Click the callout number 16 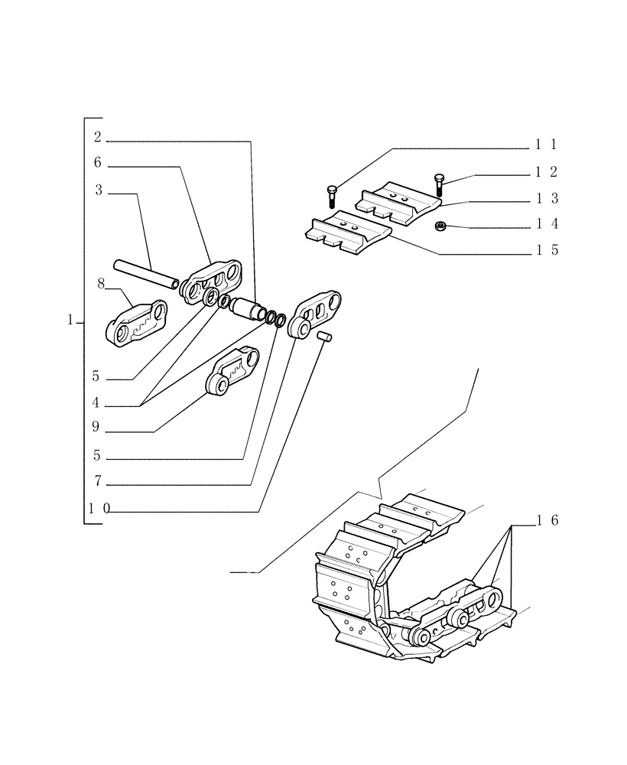pos(547,520)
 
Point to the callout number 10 pos(99,509)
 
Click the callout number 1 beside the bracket pos(70,321)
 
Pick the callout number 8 pos(100,284)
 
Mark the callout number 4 pos(96,402)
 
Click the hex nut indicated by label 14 pos(440,226)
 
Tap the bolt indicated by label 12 pos(439,184)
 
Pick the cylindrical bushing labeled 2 pos(246,310)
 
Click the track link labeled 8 pos(136,324)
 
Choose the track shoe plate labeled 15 pos(349,232)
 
